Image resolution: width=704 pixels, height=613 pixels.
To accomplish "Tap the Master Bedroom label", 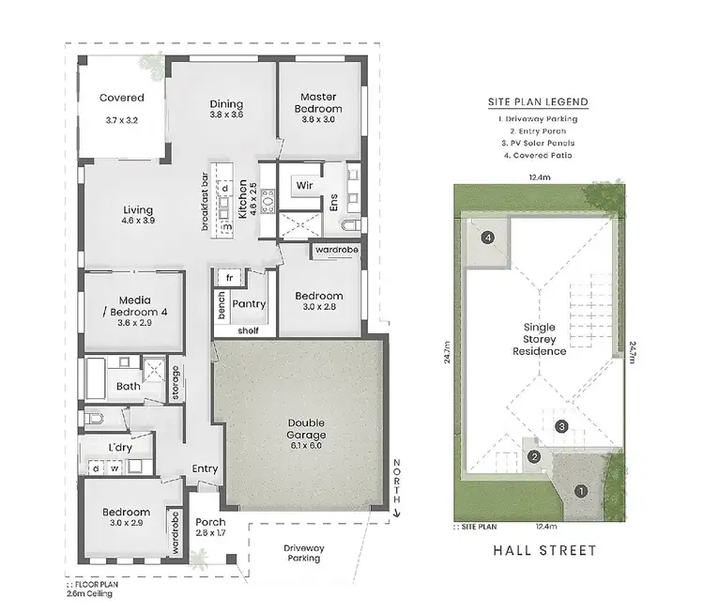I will (318, 103).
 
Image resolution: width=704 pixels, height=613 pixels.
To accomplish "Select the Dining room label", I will (226, 104).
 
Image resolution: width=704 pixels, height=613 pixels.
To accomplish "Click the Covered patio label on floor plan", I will (122, 98).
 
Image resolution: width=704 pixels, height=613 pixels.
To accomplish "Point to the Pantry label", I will (249, 304).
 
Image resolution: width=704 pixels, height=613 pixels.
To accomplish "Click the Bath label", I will (129, 386).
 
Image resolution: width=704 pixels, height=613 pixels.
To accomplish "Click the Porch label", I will (209, 523).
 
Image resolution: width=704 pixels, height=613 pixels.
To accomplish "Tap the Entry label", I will (205, 469).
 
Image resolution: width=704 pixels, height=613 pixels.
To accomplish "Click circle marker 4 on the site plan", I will (488, 238).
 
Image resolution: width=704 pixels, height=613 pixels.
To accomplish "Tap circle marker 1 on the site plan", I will (580, 490).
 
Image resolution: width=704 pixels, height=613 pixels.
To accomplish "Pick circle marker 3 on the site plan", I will (561, 426).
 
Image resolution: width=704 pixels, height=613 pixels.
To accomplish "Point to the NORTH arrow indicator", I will (397, 487).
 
